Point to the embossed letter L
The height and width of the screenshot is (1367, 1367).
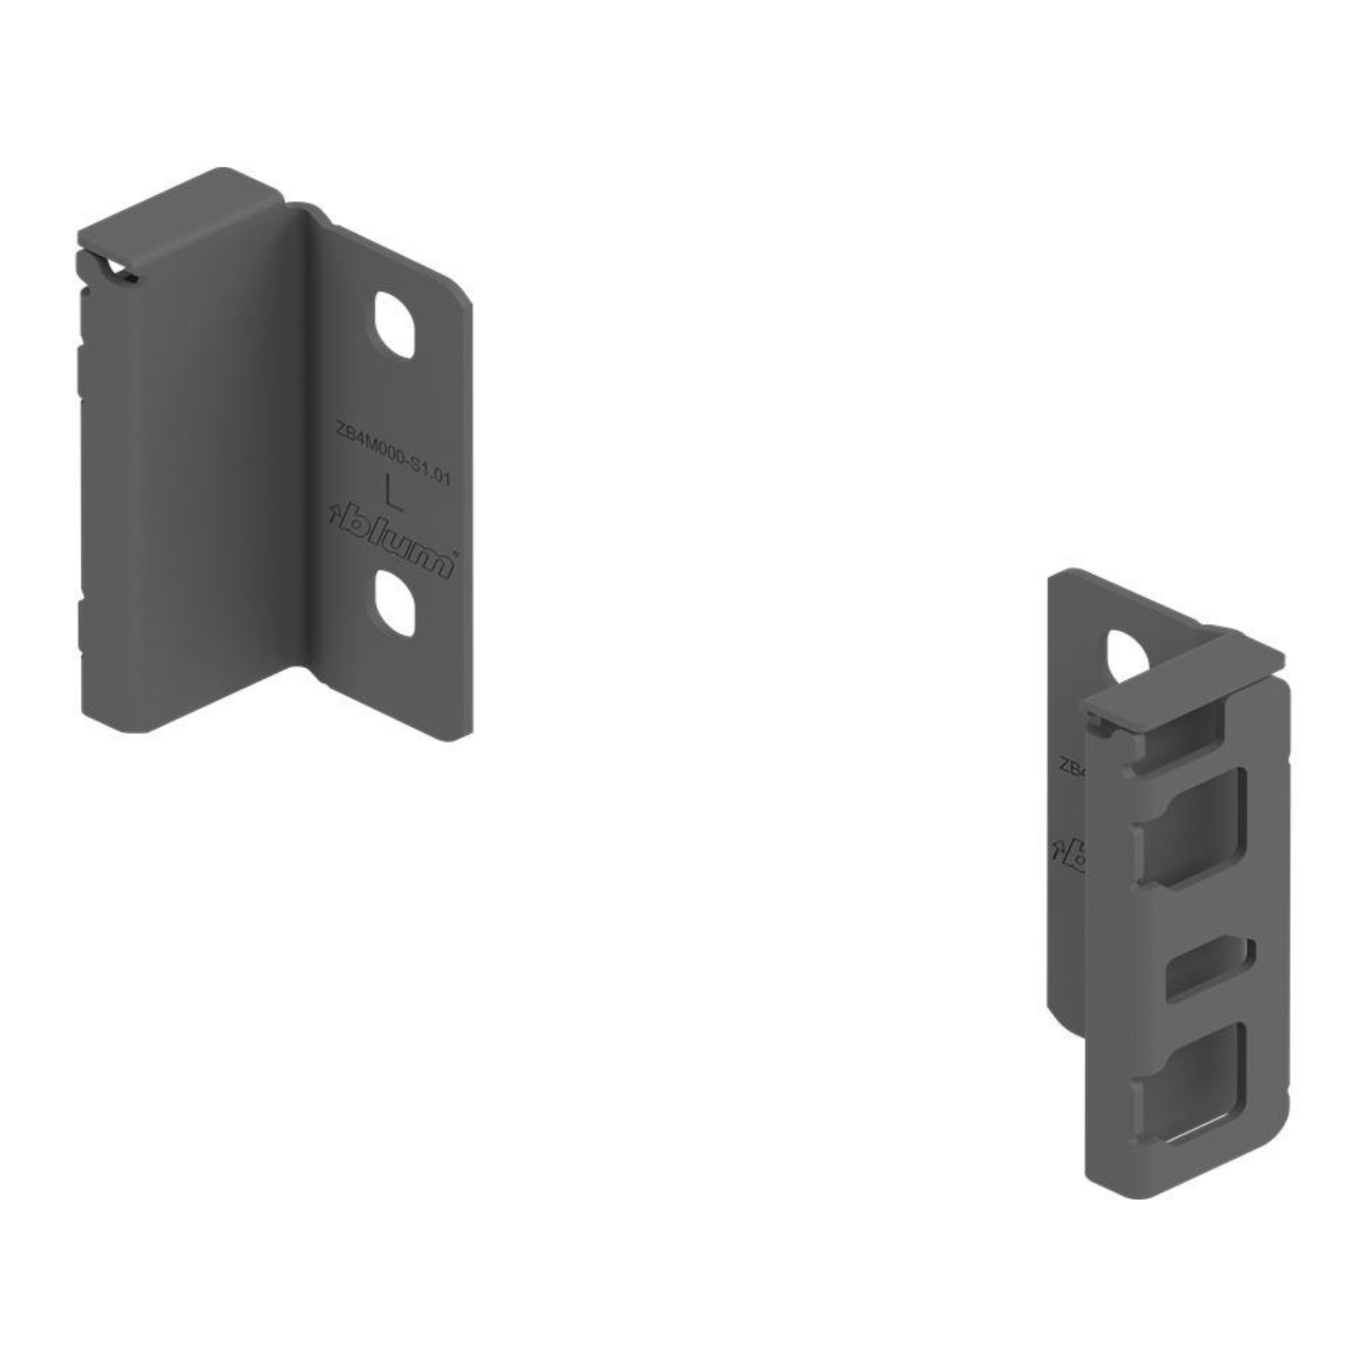pyautogui.click(x=393, y=492)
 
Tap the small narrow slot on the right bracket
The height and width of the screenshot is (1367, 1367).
pyautogui.click(x=1210, y=968)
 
